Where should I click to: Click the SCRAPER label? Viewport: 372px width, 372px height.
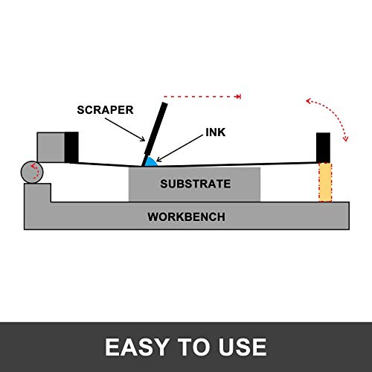(106, 110)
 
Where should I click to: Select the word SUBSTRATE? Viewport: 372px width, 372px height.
(195, 184)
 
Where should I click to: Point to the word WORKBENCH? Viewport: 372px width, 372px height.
(186, 217)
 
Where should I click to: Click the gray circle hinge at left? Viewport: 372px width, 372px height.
(31, 173)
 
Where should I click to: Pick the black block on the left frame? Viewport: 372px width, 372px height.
(71, 146)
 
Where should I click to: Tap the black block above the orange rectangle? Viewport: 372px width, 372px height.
(324, 147)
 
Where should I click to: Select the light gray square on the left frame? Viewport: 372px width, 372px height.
(50, 146)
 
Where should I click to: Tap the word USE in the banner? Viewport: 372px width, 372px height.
(240, 347)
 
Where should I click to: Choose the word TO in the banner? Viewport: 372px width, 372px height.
(192, 347)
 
